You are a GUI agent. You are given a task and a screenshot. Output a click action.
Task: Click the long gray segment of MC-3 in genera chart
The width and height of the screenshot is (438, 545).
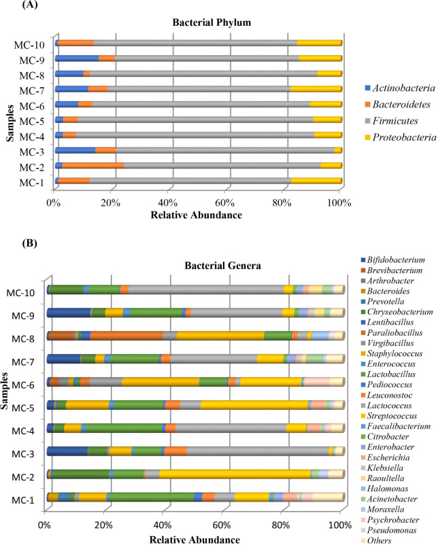point(258,451)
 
